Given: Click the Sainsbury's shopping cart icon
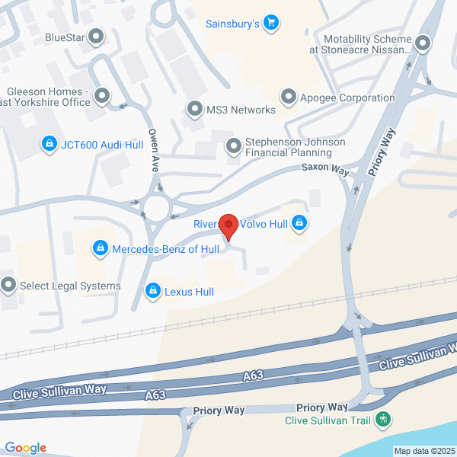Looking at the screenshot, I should (271, 23).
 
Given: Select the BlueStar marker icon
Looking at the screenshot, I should (97, 36).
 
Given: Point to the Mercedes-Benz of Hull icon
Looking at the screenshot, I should (99, 248).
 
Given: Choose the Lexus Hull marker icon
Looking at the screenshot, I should (153, 291).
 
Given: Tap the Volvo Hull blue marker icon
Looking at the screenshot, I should (300, 222).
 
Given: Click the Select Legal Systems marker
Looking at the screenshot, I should (9, 286).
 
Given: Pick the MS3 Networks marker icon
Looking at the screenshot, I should (194, 110).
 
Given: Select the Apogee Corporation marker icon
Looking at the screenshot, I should (288, 97).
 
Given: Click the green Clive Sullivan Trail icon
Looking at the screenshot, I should (385, 419).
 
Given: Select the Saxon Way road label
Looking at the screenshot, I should (324, 170).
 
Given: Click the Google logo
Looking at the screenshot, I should (26, 448).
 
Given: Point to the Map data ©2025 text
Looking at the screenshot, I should (424, 450).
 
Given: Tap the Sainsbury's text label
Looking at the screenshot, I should (233, 23).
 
